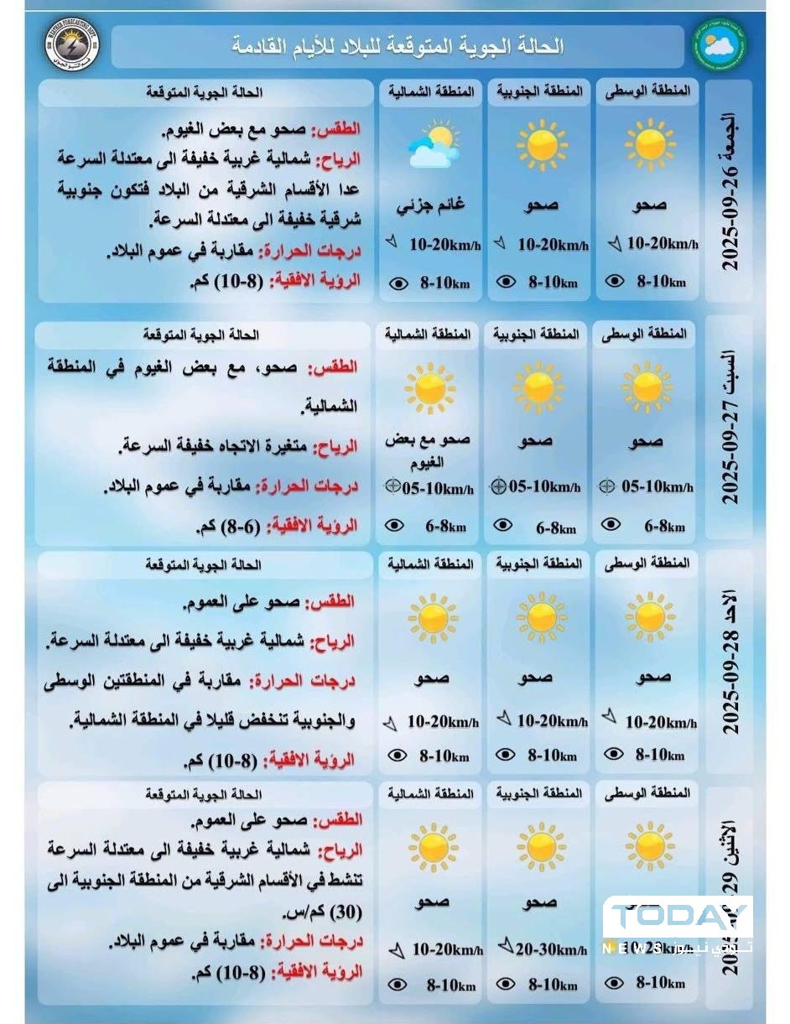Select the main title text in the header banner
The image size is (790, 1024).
click(x=398, y=46)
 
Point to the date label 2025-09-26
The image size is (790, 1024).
click(x=730, y=192)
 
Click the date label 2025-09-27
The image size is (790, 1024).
click(x=730, y=427)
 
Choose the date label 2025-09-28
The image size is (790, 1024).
click(x=730, y=666)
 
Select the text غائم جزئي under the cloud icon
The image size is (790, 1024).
click(x=430, y=205)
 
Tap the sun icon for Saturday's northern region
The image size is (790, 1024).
click(x=429, y=387)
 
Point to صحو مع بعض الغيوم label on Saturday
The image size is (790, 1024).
click(x=428, y=451)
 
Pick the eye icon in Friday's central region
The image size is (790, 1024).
click(x=615, y=282)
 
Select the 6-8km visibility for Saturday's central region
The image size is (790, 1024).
click(x=663, y=526)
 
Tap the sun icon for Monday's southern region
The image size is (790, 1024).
click(x=540, y=845)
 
